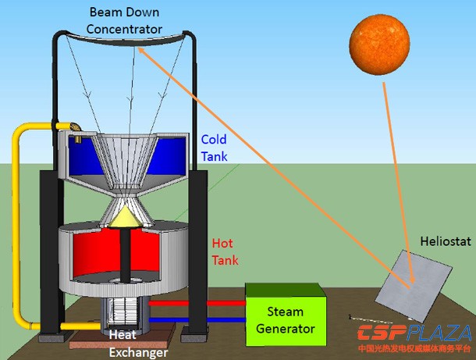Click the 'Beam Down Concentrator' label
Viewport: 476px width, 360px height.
(126, 22)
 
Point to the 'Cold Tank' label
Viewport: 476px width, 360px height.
(214, 147)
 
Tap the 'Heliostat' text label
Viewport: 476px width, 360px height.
(445, 242)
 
